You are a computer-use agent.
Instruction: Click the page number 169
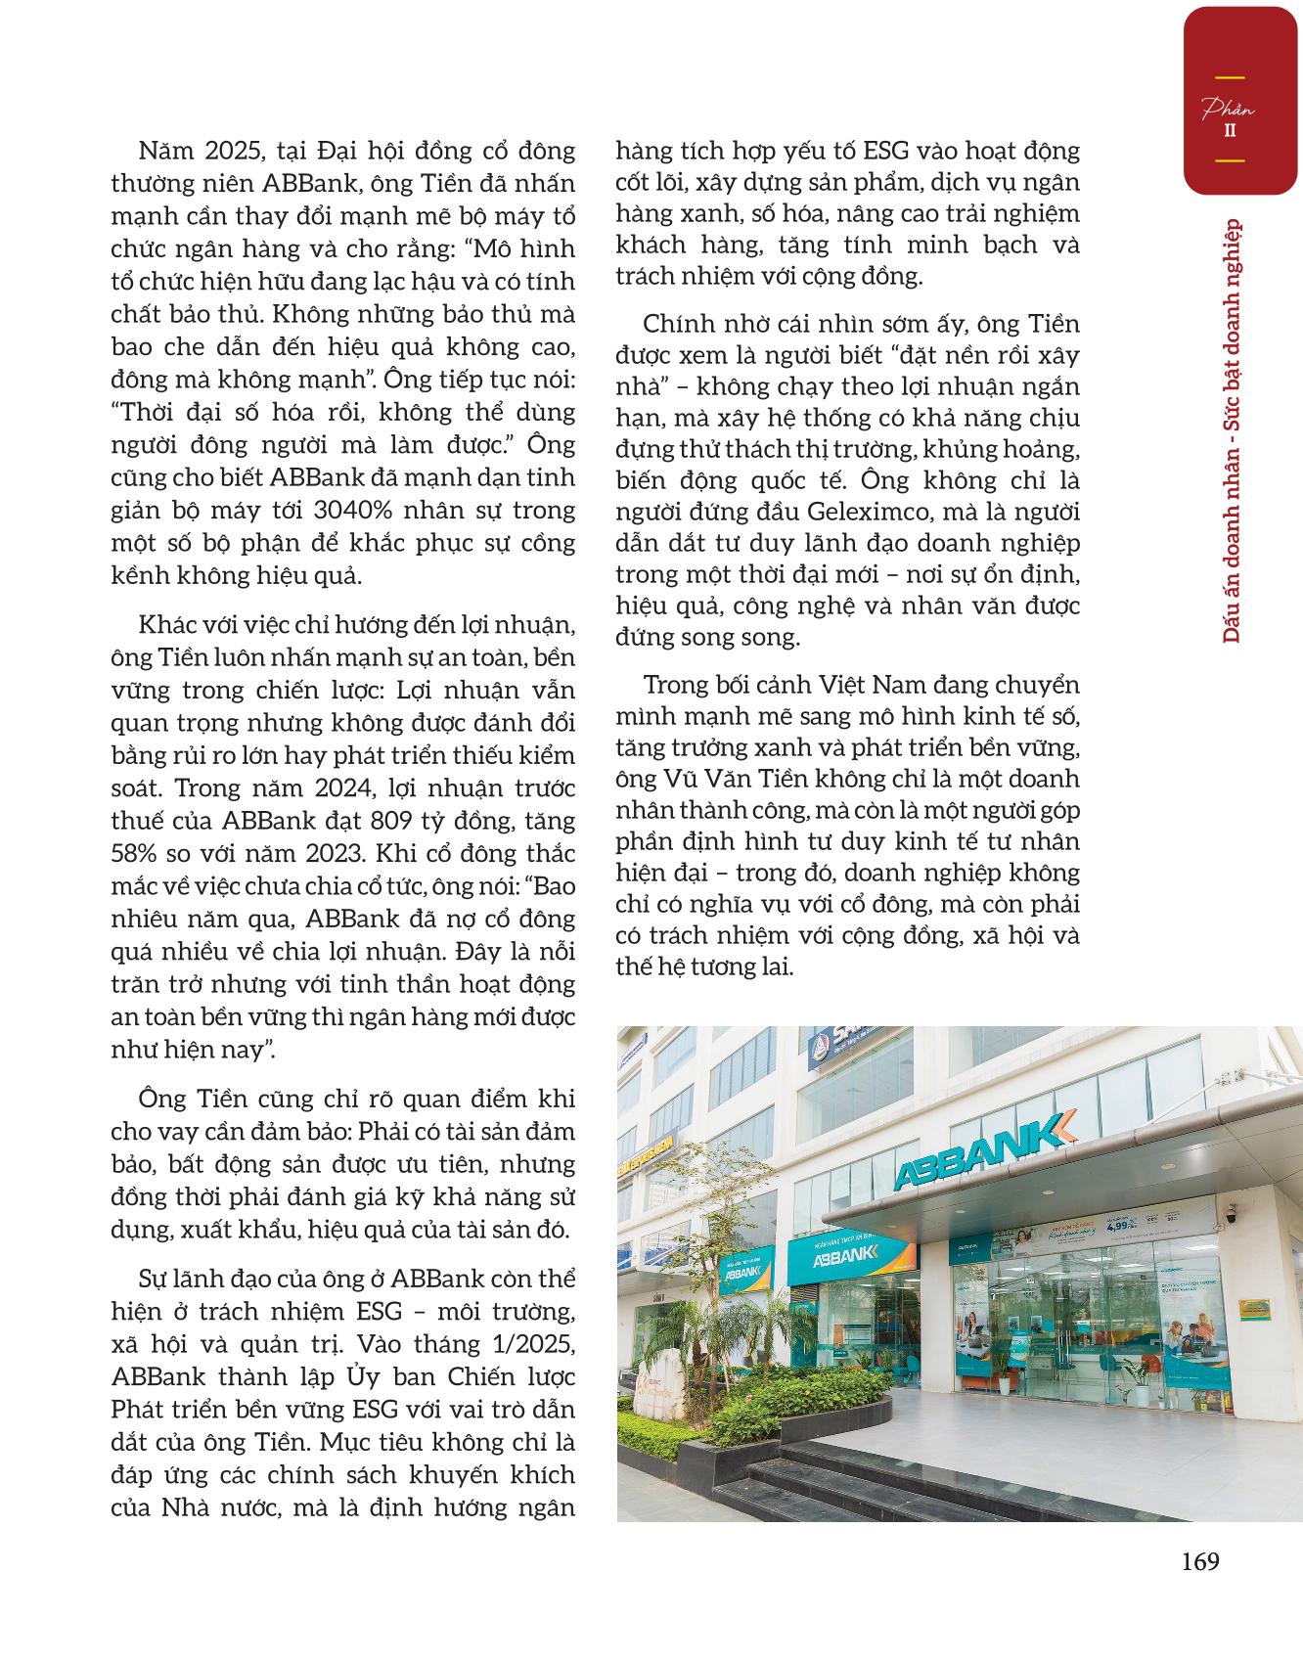click(1199, 1560)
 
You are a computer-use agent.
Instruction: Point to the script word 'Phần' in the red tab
click(1228, 110)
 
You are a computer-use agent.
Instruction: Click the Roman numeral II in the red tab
click(1229, 130)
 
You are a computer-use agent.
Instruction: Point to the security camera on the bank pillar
click(1232, 1220)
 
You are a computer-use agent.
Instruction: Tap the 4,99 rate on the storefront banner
click(1116, 1223)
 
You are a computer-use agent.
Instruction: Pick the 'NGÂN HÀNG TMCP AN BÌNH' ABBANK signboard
click(850, 1258)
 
